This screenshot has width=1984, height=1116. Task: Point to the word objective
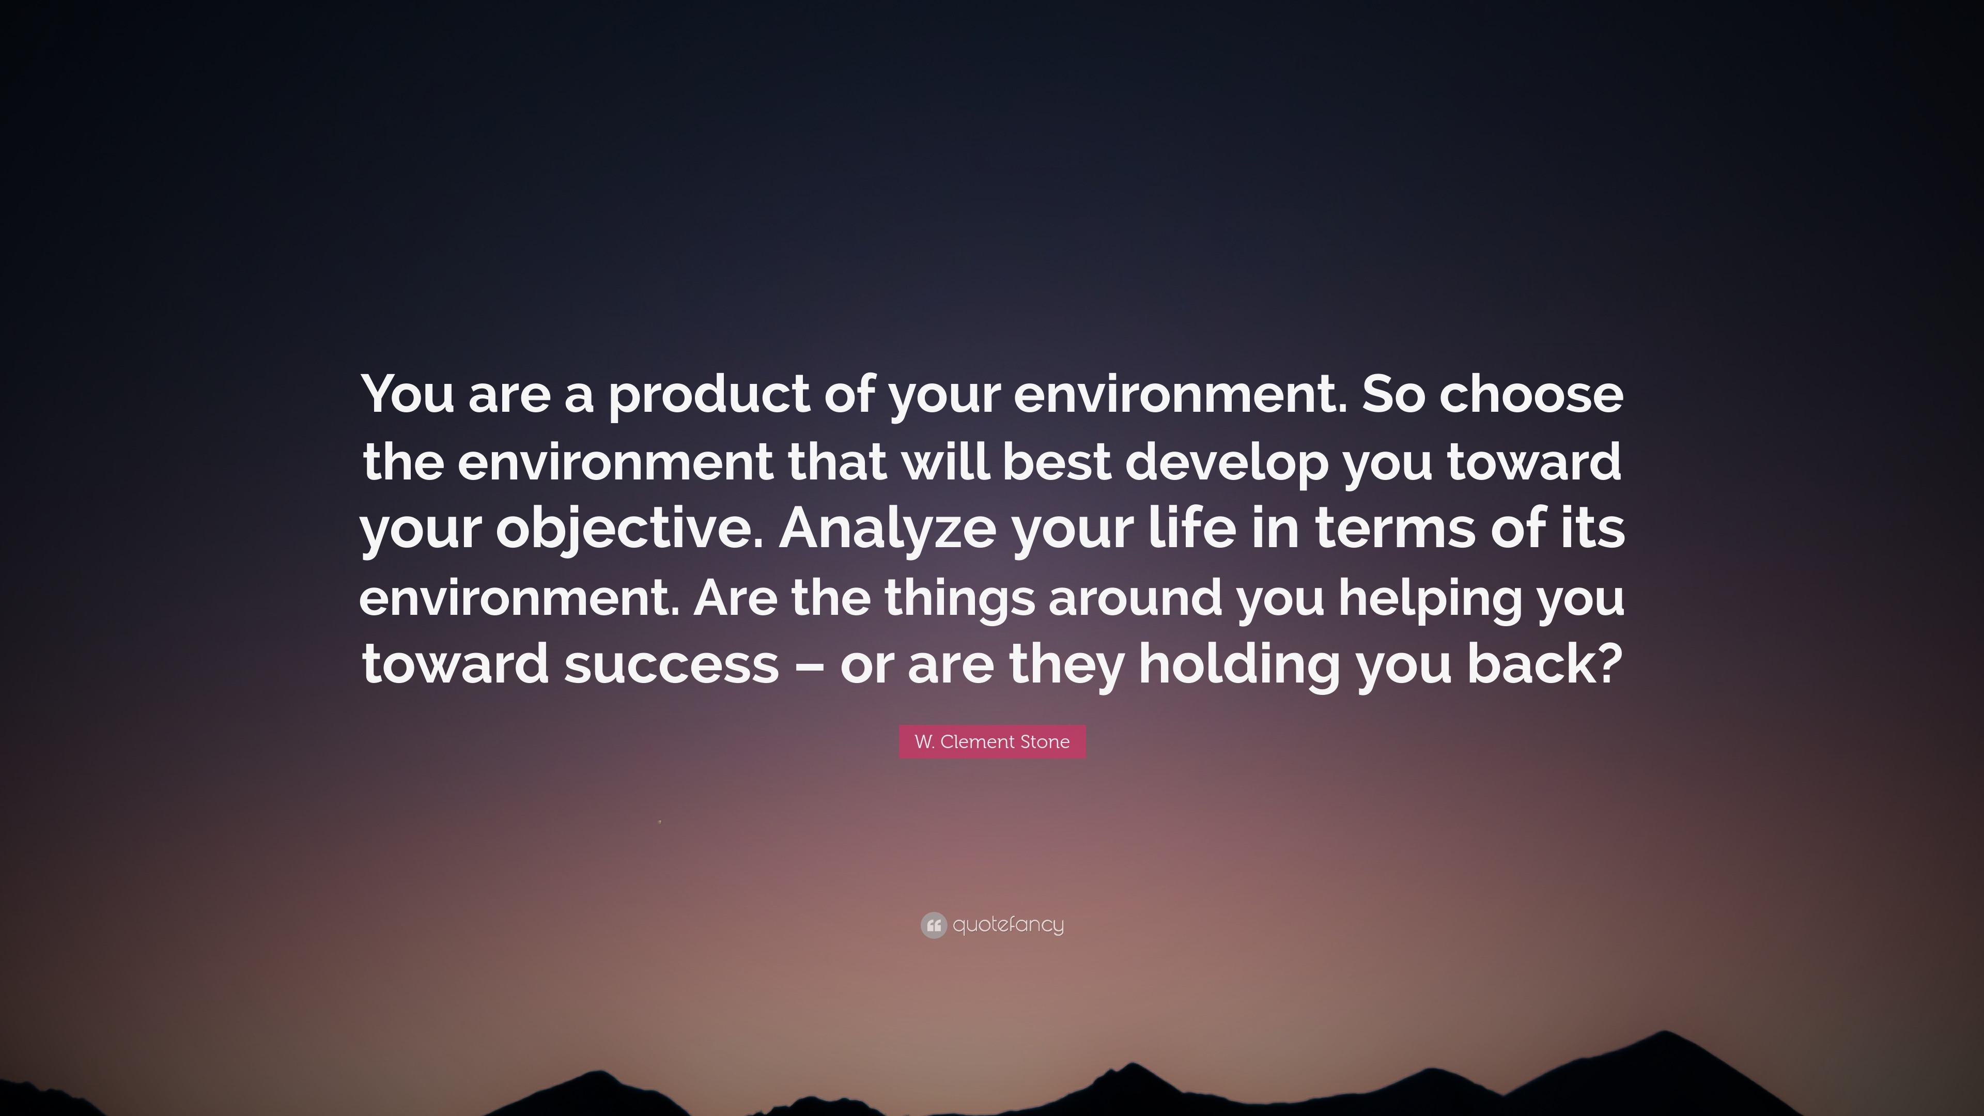[x=631, y=531]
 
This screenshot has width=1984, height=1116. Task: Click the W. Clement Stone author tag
[x=992, y=742]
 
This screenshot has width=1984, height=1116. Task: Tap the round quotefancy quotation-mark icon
[x=934, y=925]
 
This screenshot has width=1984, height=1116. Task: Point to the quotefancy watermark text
[x=1008, y=925]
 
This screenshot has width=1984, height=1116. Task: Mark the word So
[x=1393, y=394]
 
